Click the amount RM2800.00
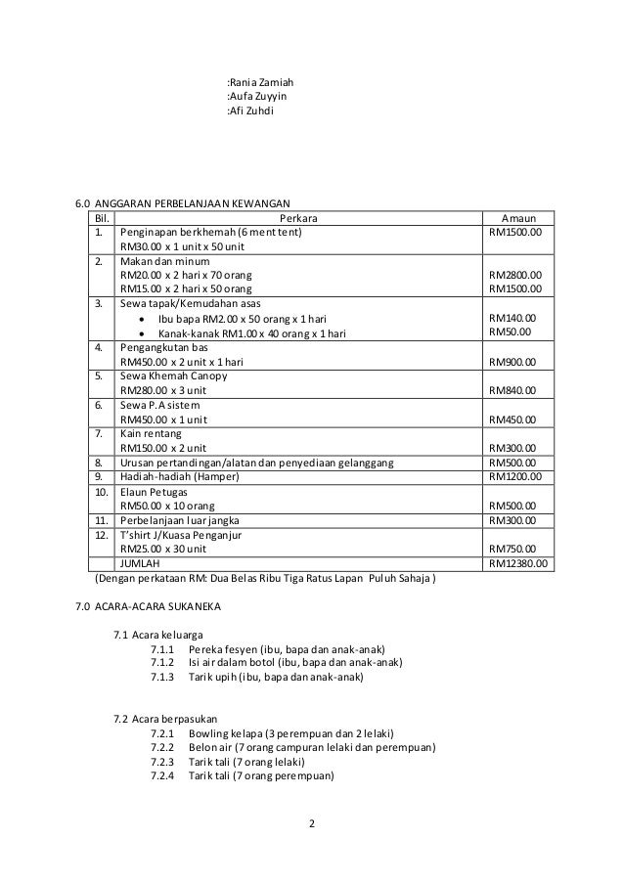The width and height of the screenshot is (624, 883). click(x=515, y=275)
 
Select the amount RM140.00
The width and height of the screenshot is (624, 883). click(x=513, y=318)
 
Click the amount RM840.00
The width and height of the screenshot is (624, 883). click(x=513, y=389)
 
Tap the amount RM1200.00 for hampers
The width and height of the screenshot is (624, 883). click(x=515, y=476)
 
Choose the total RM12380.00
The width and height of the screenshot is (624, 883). click(x=519, y=563)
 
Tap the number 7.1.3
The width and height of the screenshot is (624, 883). click(x=162, y=676)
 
